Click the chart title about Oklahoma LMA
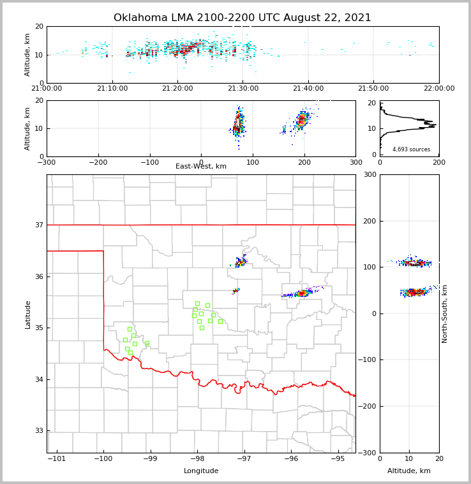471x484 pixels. tap(242, 18)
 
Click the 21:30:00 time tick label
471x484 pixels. tap(243, 88)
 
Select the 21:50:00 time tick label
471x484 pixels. tap(373, 88)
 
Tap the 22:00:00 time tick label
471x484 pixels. tap(438, 88)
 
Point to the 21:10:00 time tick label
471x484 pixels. tap(112, 88)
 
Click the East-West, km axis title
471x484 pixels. tap(201, 167)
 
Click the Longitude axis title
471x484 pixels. tap(201, 471)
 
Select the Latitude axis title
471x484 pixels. tap(27, 314)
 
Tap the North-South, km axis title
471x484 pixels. tap(445, 314)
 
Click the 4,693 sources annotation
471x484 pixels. tap(411, 149)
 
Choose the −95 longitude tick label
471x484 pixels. tap(337, 458)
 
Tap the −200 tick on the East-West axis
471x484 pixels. tap(98, 162)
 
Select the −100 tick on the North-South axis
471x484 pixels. tap(368, 360)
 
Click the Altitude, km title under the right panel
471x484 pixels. tap(409, 471)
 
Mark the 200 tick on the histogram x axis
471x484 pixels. tap(439, 162)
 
